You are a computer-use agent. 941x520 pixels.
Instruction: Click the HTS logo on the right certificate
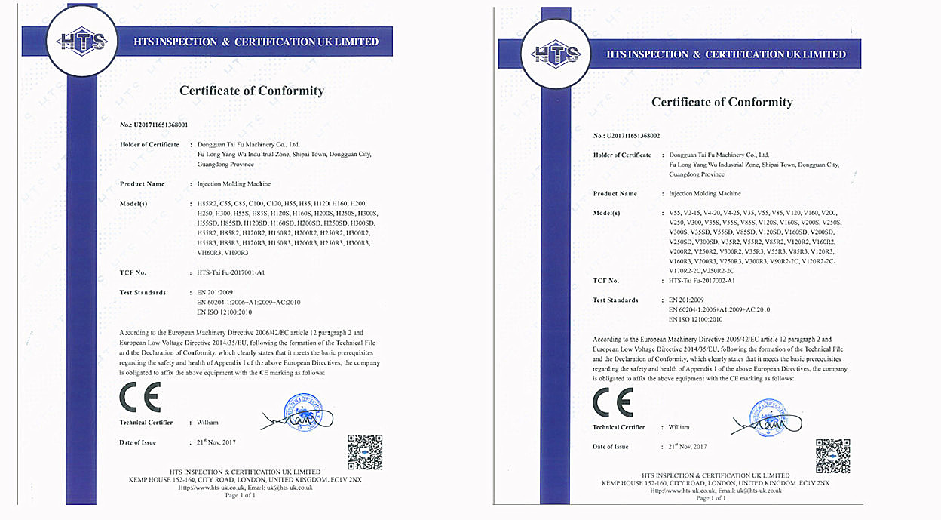click(x=556, y=53)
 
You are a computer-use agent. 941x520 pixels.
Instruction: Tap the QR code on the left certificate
click(x=364, y=452)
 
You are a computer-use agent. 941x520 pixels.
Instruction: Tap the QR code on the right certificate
click(x=832, y=455)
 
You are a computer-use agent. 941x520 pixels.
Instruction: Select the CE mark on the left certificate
click(x=140, y=396)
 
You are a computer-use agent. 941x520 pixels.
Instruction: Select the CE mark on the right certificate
click(x=613, y=402)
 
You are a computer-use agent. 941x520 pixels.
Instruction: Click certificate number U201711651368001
click(x=161, y=124)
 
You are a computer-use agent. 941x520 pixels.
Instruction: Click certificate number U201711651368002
click(x=633, y=136)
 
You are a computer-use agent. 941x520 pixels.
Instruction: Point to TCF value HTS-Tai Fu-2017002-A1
click(x=702, y=281)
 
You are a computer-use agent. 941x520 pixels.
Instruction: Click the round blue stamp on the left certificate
click(x=302, y=411)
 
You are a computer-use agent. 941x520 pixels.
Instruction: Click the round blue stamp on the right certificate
click(x=770, y=417)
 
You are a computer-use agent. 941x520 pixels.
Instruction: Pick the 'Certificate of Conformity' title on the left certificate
click(x=252, y=91)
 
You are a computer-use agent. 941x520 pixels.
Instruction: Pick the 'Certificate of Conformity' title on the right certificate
click(x=722, y=102)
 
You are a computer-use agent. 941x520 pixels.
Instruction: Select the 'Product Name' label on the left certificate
click(x=143, y=184)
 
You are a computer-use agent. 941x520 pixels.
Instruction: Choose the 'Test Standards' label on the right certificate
click(x=615, y=300)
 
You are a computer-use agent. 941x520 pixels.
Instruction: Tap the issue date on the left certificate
click(x=212, y=442)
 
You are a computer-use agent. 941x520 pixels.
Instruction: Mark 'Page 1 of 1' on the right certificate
click(x=712, y=498)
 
